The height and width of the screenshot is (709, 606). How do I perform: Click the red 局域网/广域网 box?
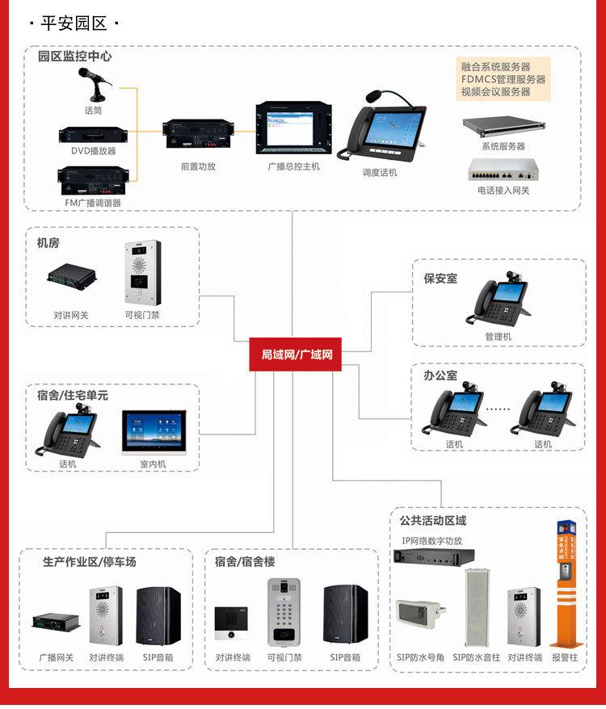(x=296, y=354)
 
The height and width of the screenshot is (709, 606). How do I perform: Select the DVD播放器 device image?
(x=93, y=134)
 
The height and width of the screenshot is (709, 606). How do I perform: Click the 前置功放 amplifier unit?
(x=197, y=134)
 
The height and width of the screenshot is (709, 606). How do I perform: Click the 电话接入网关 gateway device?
(x=503, y=170)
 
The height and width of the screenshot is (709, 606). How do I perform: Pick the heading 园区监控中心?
(x=74, y=57)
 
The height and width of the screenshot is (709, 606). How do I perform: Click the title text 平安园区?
(x=74, y=23)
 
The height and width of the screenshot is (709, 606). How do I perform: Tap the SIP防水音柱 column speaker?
(x=473, y=606)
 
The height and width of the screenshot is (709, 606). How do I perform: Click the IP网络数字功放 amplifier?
(x=433, y=556)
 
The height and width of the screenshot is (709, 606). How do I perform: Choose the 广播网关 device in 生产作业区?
(x=56, y=623)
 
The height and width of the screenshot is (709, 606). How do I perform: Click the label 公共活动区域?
(x=433, y=520)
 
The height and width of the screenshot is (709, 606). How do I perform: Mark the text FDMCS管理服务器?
(x=503, y=79)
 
